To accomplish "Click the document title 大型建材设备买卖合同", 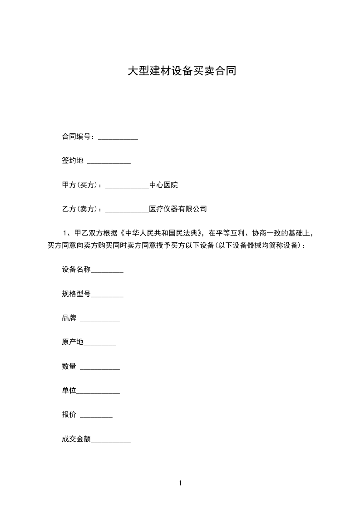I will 182,71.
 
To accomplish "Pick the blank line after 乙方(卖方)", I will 127,211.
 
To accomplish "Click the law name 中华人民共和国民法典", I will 163,234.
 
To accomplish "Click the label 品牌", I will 69,318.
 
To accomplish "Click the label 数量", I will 69,367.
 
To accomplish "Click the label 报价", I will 69,415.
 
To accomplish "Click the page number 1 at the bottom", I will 180,483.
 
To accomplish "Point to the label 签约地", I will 73,161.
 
